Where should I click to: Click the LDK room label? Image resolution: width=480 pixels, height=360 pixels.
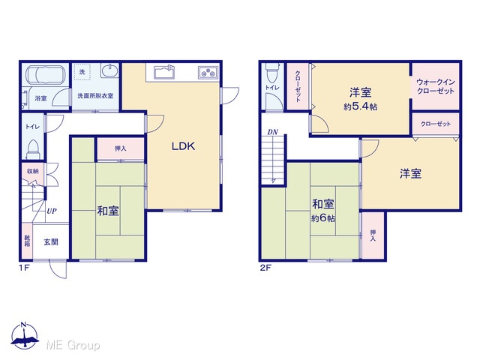pyautogui.click(x=183, y=146)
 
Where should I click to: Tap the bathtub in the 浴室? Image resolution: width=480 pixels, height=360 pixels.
pyautogui.click(x=45, y=75)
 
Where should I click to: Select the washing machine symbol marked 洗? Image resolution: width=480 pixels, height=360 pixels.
pyautogui.click(x=82, y=72)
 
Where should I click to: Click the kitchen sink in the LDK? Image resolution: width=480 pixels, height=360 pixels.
pyautogui.click(x=164, y=72)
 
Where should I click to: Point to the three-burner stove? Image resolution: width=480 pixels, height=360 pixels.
pyautogui.click(x=208, y=72)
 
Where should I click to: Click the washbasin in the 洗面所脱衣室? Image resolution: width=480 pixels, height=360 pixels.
pyautogui.click(x=109, y=70)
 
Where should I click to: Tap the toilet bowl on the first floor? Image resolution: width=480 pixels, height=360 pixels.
pyautogui.click(x=32, y=148)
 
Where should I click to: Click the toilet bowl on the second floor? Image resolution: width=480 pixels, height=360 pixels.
pyautogui.click(x=271, y=72)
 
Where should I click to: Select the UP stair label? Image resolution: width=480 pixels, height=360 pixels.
pyautogui.click(x=52, y=211)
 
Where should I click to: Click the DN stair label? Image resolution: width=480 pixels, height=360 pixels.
pyautogui.click(x=272, y=132)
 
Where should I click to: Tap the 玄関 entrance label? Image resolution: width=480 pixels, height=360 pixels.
pyautogui.click(x=51, y=241)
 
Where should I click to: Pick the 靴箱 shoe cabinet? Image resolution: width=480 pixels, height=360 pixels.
pyautogui.click(x=27, y=241)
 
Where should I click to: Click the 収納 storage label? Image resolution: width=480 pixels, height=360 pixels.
pyautogui.click(x=33, y=171)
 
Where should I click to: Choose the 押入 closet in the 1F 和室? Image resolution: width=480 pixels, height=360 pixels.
pyautogui.click(x=120, y=148)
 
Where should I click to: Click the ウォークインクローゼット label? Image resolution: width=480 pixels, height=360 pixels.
pyautogui.click(x=436, y=87)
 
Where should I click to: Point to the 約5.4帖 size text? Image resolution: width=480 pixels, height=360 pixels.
pyautogui.click(x=361, y=106)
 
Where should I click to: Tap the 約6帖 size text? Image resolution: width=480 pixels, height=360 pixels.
pyautogui.click(x=323, y=218)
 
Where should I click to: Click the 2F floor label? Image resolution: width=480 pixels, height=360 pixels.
pyautogui.click(x=265, y=268)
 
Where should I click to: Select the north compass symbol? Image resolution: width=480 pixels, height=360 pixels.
pyautogui.click(x=25, y=335)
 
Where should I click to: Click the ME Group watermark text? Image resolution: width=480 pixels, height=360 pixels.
pyautogui.click(x=73, y=345)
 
